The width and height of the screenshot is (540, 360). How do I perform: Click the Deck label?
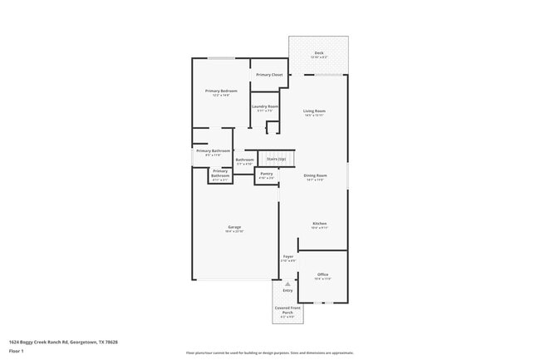(x=318, y=53)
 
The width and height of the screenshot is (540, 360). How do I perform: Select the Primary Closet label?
(x=269, y=75)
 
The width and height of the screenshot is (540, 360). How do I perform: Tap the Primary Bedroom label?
(x=221, y=91)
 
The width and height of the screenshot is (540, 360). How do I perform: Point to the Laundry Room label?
(x=265, y=106)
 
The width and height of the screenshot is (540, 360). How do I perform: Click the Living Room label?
(x=314, y=111)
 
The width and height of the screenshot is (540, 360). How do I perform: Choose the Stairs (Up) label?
(x=276, y=158)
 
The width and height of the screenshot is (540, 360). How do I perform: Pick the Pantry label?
(x=266, y=174)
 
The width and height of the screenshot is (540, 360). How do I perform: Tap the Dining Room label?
(x=314, y=175)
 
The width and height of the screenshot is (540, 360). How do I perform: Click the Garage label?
(x=234, y=227)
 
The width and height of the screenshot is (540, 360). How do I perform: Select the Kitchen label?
(x=319, y=223)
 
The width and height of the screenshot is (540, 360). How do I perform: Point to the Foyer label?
(x=288, y=256)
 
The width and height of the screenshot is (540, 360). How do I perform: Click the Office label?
(x=322, y=274)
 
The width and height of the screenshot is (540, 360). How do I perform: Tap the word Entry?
(x=287, y=290)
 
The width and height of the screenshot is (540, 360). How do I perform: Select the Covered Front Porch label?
(x=287, y=310)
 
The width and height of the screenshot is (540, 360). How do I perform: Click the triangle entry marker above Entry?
(x=287, y=283)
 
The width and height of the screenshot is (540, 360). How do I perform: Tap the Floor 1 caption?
(x=17, y=352)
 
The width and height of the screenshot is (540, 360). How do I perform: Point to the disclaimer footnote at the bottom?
(x=269, y=353)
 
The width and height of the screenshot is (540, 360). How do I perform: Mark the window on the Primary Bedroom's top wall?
(x=220, y=58)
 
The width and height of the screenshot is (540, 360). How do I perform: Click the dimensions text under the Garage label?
(x=234, y=231)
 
